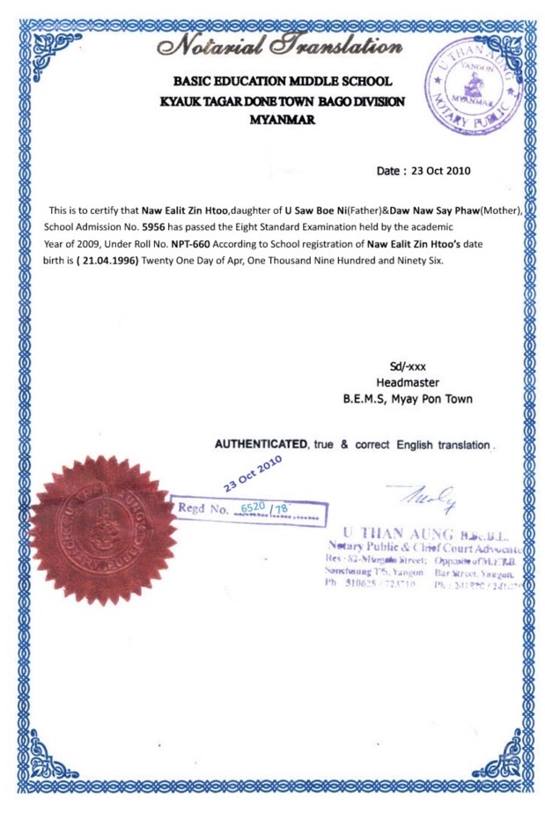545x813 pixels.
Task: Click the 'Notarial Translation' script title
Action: tap(275, 41)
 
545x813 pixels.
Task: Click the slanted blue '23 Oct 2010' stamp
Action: tap(252, 471)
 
